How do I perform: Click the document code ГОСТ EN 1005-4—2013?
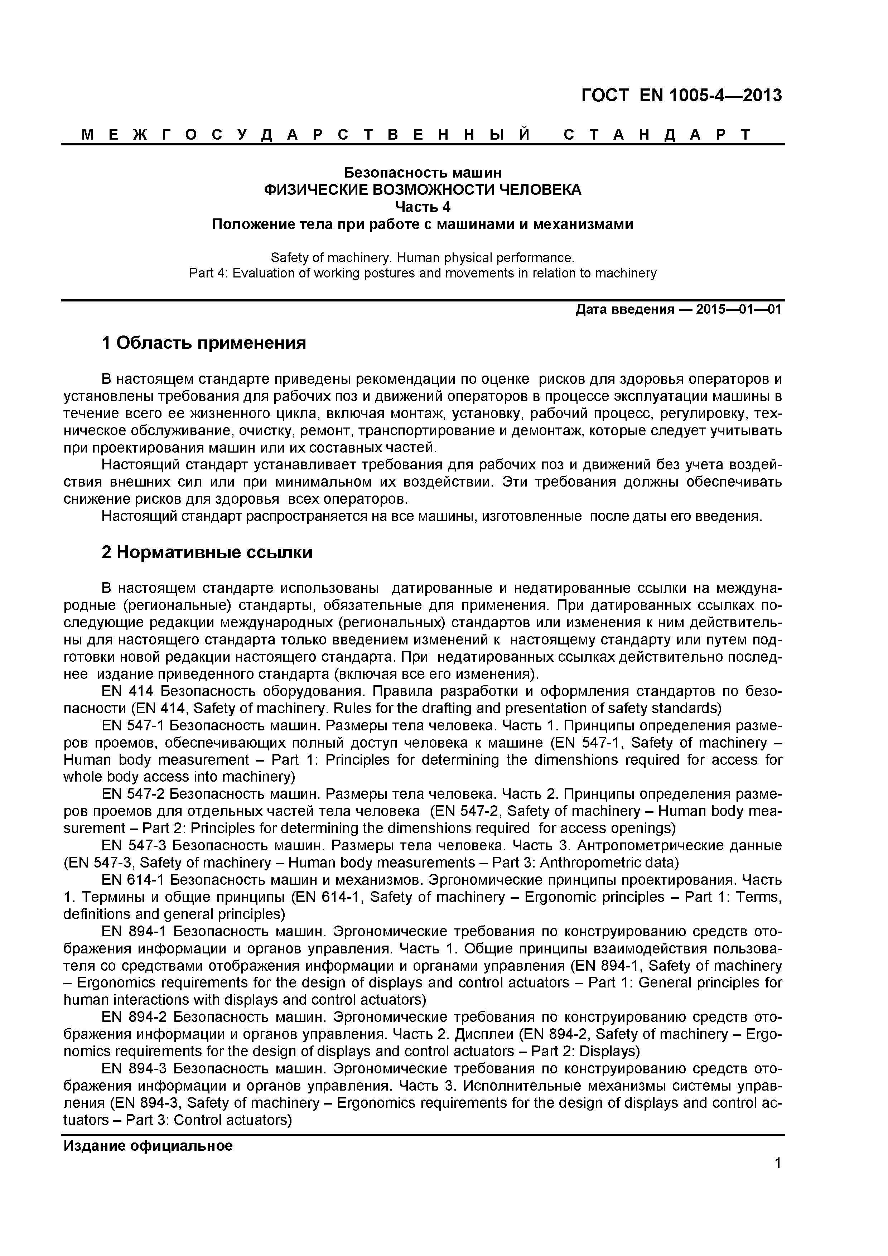[681, 96]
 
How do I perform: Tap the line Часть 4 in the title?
[423, 207]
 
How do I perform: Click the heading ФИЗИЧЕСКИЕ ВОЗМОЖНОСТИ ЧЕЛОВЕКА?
[423, 190]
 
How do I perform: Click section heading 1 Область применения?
[203, 344]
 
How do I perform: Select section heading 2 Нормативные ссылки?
[207, 552]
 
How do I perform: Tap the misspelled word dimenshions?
[574, 760]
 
